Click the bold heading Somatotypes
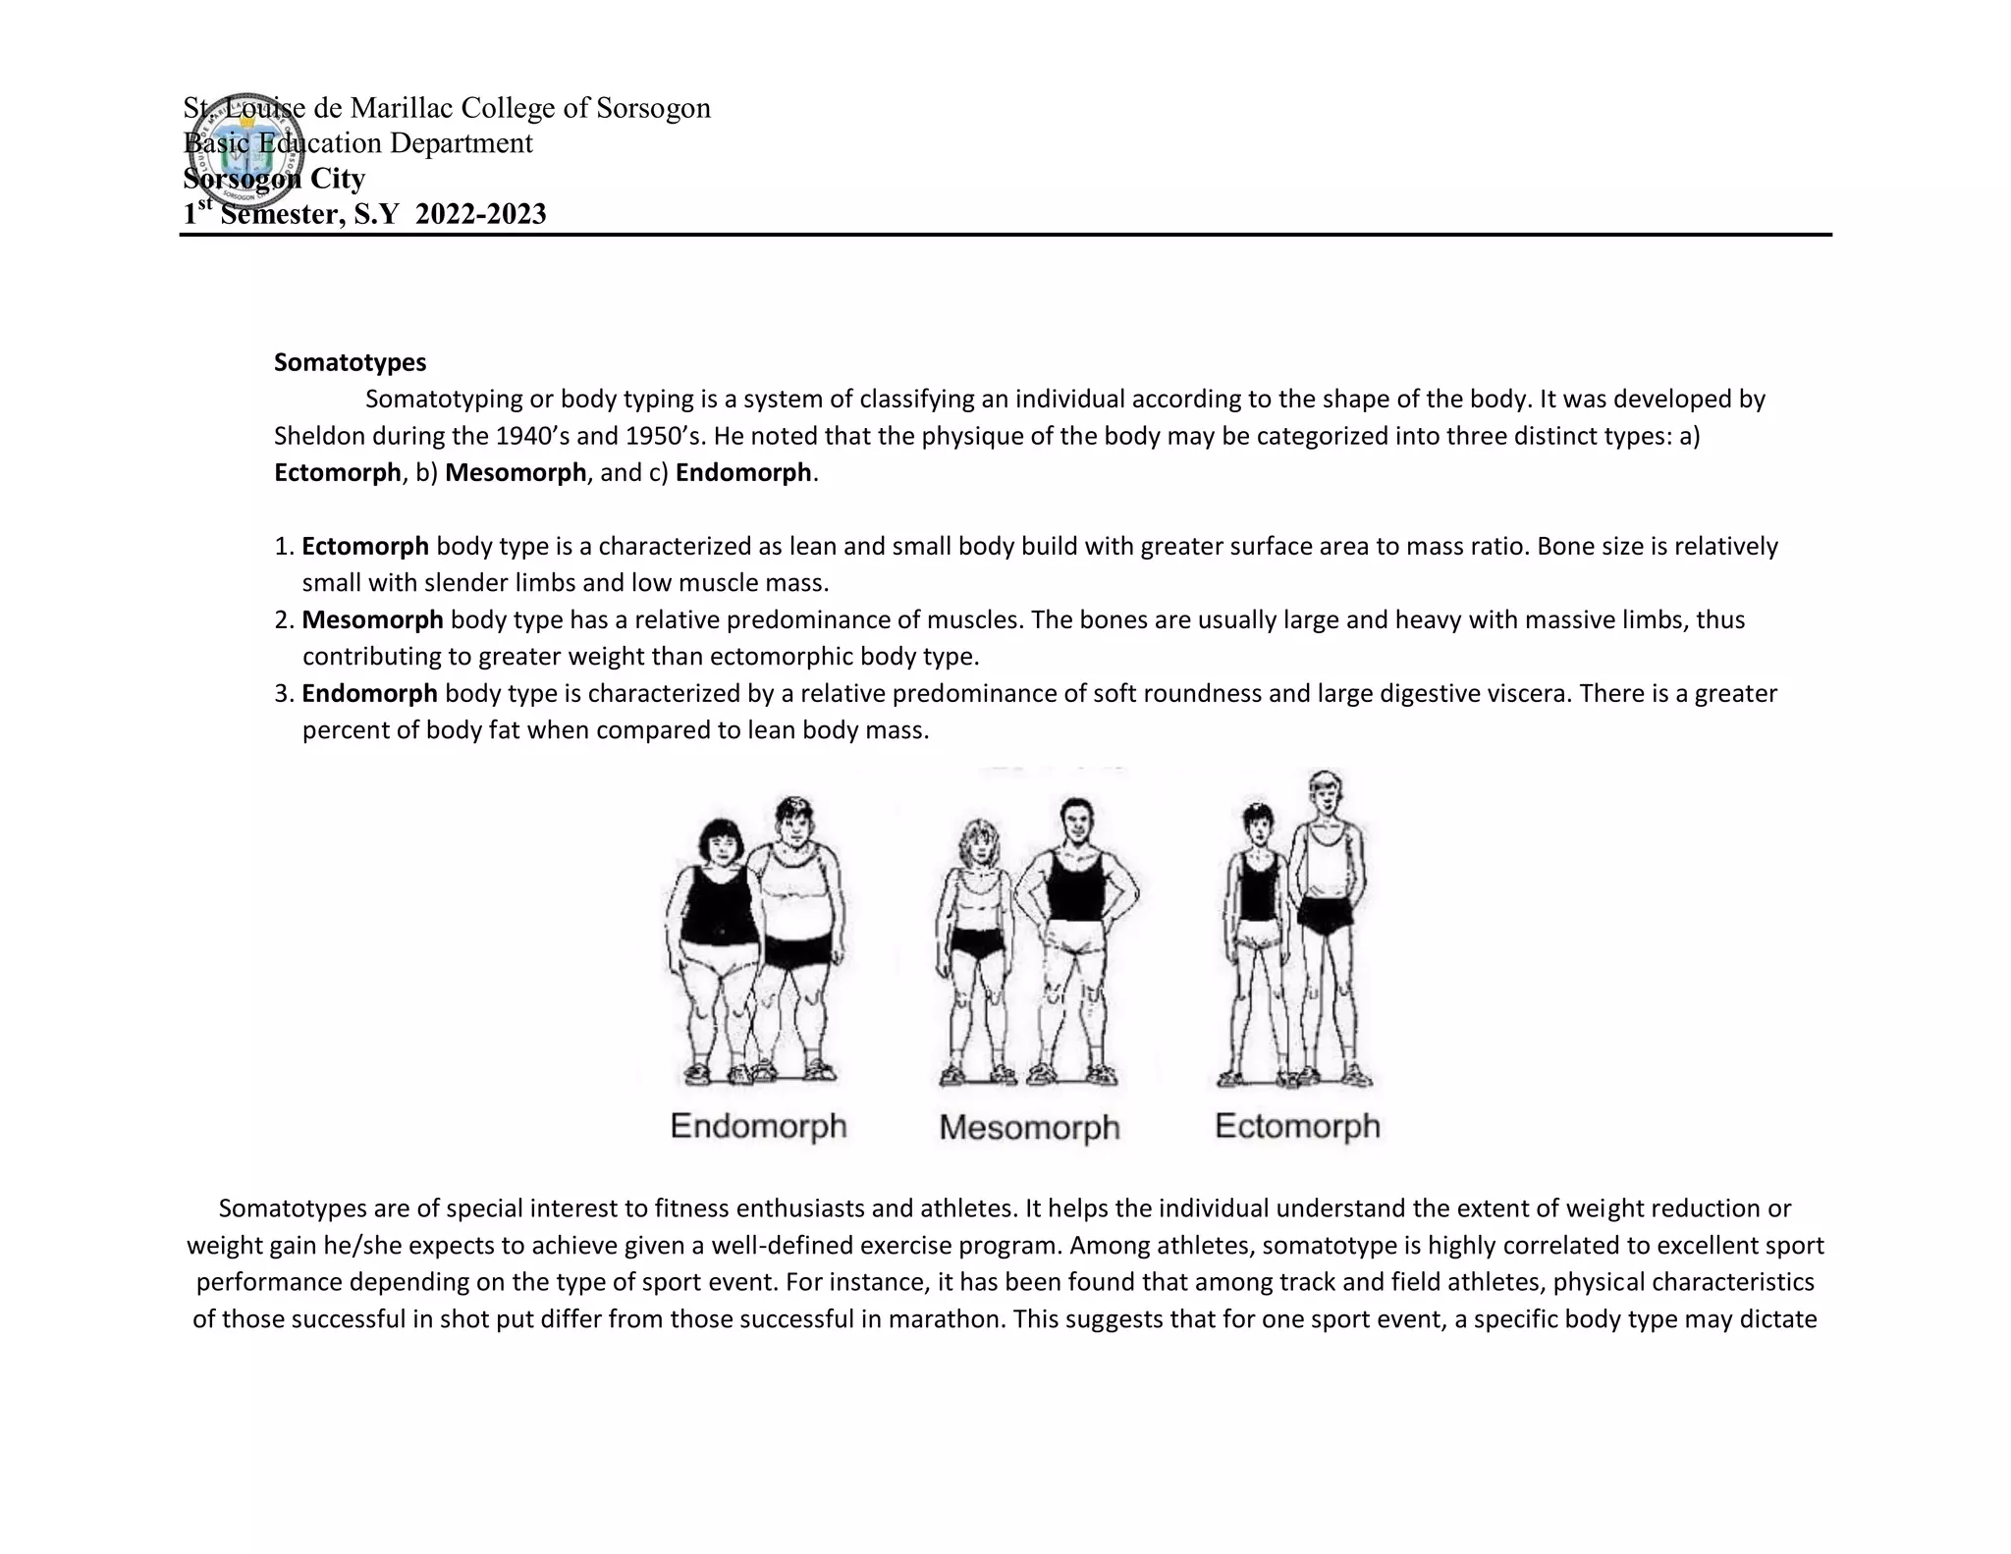tap(350, 362)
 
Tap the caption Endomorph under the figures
tap(758, 1125)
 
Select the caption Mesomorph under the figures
tap(1028, 1127)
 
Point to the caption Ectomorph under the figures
tap(1297, 1125)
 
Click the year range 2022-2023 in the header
tap(480, 214)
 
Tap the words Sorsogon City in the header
tap(274, 179)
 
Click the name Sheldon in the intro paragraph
tap(320, 436)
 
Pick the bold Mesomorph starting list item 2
tap(372, 619)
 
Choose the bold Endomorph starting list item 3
tap(369, 694)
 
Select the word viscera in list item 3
tap(1521, 694)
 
